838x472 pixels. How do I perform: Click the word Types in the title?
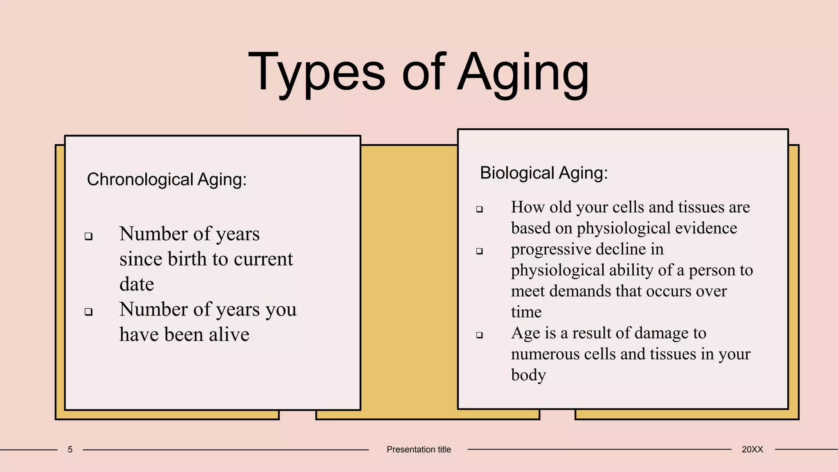click(x=317, y=73)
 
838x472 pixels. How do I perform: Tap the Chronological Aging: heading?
click(x=167, y=179)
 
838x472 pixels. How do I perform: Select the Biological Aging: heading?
click(x=544, y=173)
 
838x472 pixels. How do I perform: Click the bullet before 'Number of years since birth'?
click(x=88, y=236)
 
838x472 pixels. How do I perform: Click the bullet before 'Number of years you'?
click(x=88, y=312)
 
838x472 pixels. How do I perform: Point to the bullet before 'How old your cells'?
click(x=480, y=209)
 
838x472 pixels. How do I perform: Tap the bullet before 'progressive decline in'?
click(x=480, y=251)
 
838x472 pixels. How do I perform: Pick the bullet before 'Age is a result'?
click(x=480, y=335)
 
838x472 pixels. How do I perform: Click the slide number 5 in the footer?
click(x=70, y=449)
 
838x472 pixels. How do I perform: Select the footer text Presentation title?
click(x=419, y=449)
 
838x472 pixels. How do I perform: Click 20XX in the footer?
click(x=752, y=449)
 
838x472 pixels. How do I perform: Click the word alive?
click(x=229, y=334)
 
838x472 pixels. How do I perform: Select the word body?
click(x=528, y=375)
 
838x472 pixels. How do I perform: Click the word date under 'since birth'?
click(x=137, y=284)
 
